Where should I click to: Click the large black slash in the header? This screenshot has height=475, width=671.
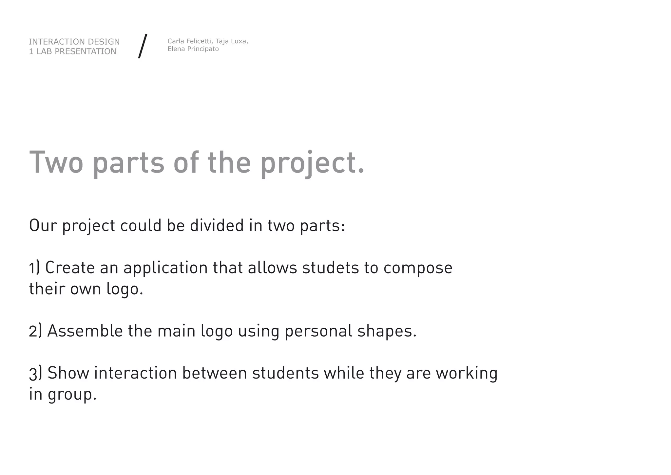143,46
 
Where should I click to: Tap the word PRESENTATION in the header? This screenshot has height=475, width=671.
85,52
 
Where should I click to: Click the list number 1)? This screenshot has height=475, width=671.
34,268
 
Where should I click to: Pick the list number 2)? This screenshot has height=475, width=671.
35,331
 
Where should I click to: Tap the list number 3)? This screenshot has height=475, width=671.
35,373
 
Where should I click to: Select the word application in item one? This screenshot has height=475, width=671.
165,268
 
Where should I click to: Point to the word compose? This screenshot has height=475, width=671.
418,268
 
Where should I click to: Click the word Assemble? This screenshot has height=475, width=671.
85,331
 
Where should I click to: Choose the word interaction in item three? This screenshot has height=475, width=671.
136,373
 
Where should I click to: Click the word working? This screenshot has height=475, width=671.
466,374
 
